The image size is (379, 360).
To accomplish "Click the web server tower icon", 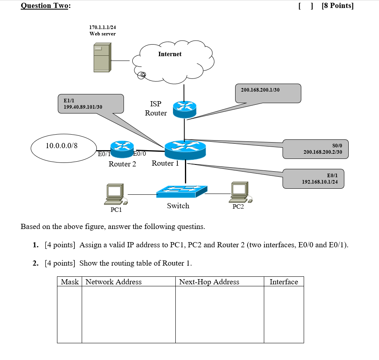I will tap(102, 58).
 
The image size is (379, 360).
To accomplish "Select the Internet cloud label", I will tap(170, 54).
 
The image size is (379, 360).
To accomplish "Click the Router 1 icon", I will tap(185, 150).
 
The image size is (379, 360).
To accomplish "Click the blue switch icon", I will tap(182, 192).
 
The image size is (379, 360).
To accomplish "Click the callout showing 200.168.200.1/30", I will tap(268, 93).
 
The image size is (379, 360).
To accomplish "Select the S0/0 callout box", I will tap(315, 149).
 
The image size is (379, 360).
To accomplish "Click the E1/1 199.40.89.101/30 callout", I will tap(90, 104).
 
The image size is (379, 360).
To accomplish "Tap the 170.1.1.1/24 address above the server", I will tap(102, 27).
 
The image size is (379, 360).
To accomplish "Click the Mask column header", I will tap(70, 282).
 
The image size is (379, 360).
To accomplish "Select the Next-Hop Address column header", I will tap(209, 282).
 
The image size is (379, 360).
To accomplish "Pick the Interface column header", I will tap(284, 282).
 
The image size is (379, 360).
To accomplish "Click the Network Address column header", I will tap(114, 282).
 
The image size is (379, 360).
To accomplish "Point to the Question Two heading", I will tap(45, 6).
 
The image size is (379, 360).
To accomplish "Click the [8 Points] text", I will tap(338, 6).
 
